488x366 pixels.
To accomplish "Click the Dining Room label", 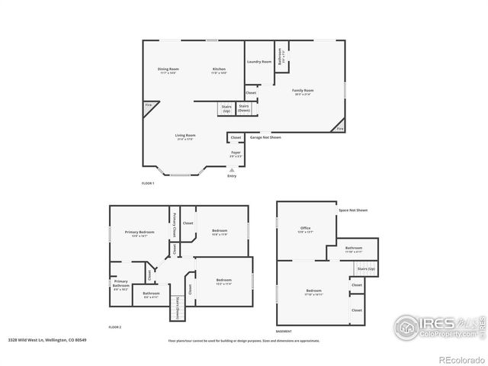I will (168, 71).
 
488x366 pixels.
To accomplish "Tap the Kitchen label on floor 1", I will (219, 71).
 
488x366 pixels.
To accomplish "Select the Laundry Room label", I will (261, 62).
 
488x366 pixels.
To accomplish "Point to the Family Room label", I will (303, 91).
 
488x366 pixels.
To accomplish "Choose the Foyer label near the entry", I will (236, 154).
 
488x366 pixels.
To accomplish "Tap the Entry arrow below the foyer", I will (232, 171).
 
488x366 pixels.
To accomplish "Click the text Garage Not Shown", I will (265, 138).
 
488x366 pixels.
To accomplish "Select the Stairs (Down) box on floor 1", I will (244, 108).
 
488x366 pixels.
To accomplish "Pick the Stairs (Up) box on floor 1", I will (226, 109).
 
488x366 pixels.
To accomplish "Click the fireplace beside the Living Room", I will (149, 105).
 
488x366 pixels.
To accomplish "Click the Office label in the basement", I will (306, 229).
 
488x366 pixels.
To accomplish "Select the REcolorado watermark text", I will (460, 360).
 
